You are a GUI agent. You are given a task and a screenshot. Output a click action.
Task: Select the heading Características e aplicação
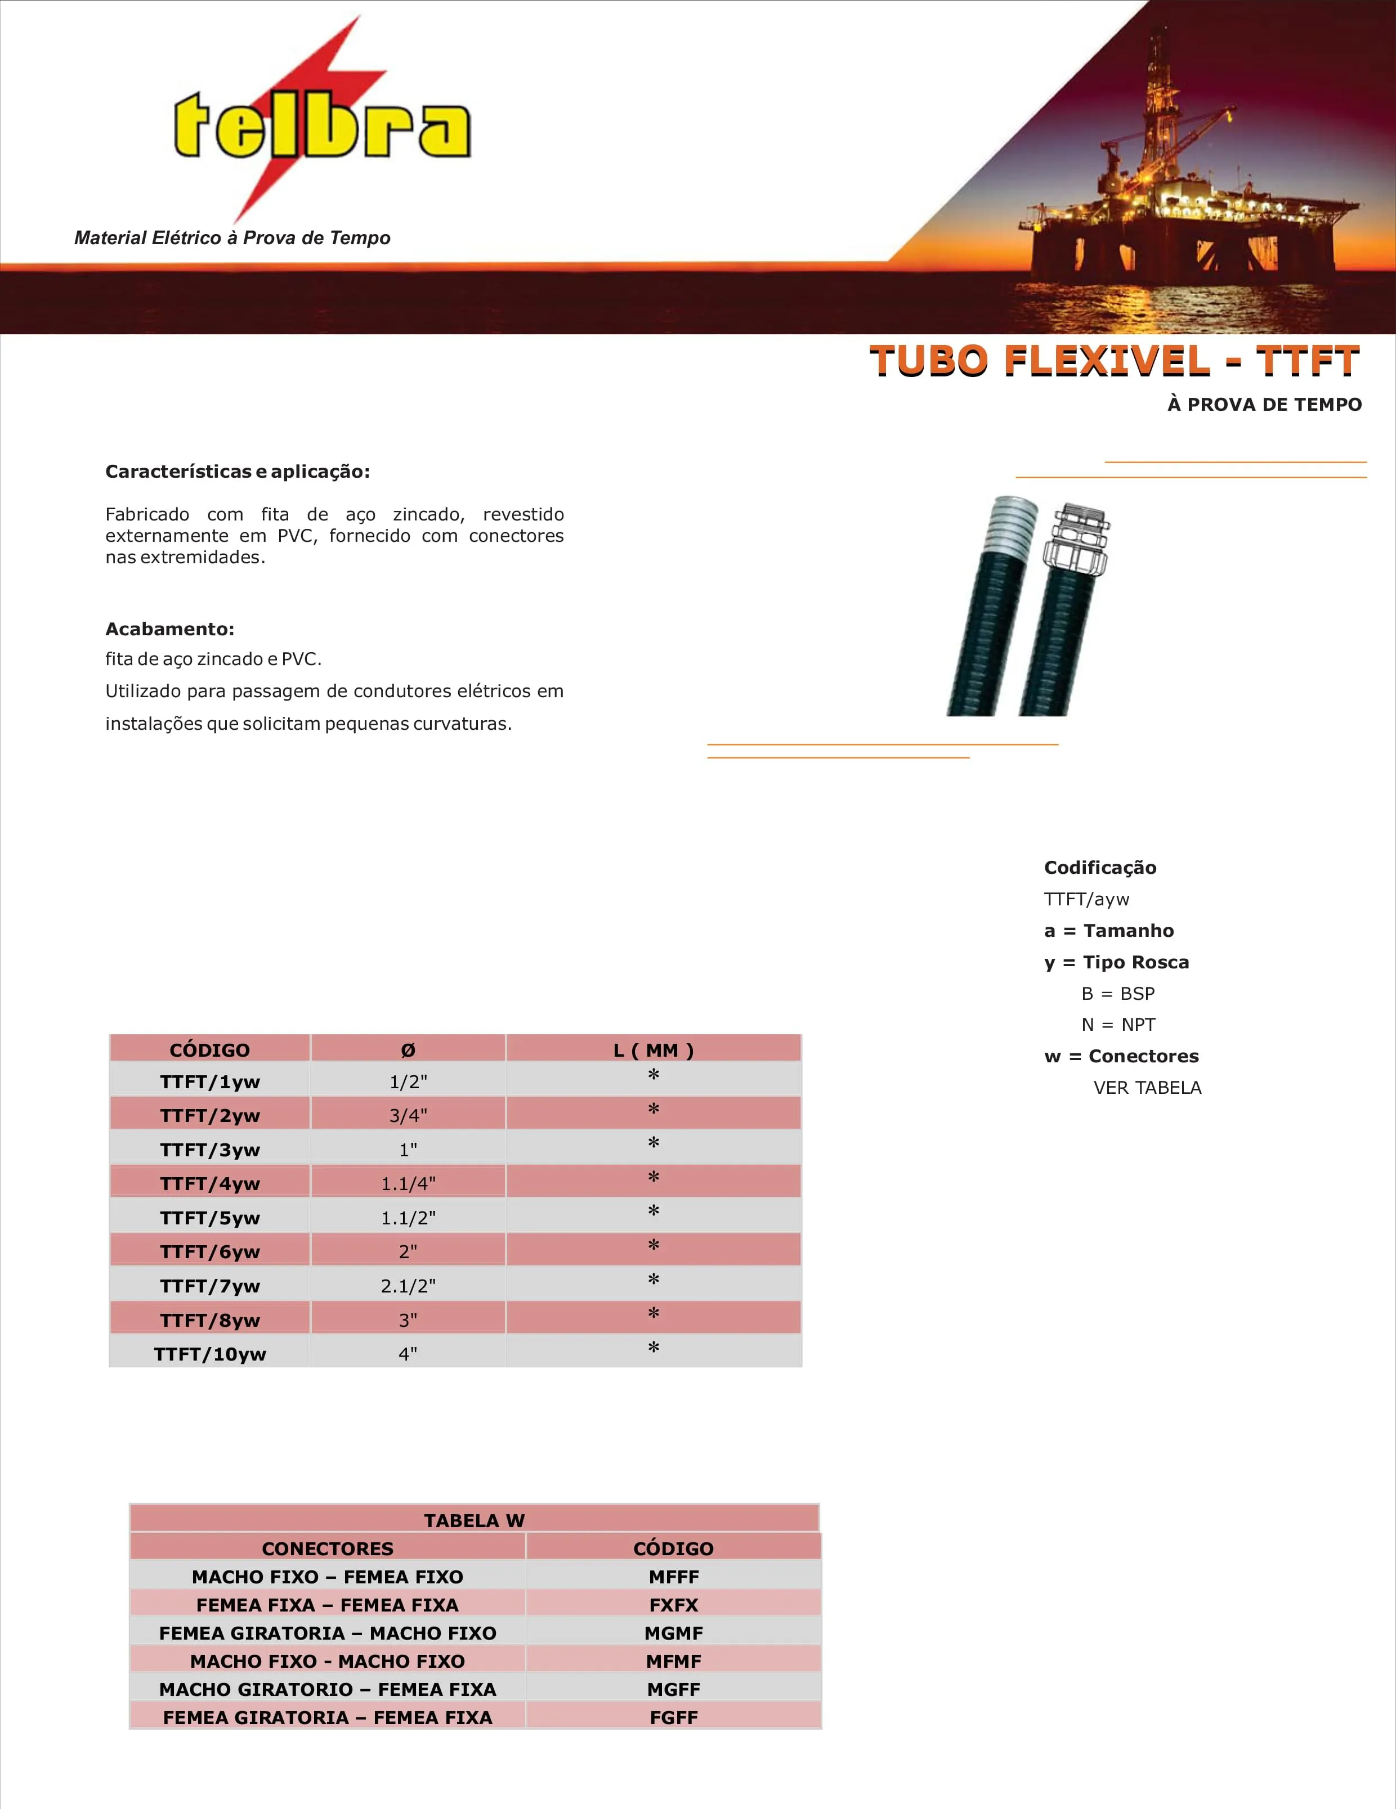(x=237, y=472)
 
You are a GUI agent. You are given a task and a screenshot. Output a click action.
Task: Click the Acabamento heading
(x=170, y=629)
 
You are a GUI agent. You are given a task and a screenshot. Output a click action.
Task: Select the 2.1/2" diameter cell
(x=408, y=1286)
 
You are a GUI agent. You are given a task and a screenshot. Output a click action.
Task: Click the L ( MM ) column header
(x=653, y=1051)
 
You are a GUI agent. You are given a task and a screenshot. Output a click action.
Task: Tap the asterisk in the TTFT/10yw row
(x=653, y=1349)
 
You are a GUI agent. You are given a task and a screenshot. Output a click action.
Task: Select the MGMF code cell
(x=674, y=1632)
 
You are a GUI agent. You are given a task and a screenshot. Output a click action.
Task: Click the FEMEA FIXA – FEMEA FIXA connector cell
(x=327, y=1604)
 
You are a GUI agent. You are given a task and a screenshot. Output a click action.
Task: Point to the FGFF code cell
(x=674, y=1717)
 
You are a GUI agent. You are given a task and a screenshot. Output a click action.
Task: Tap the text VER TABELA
(x=1147, y=1088)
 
